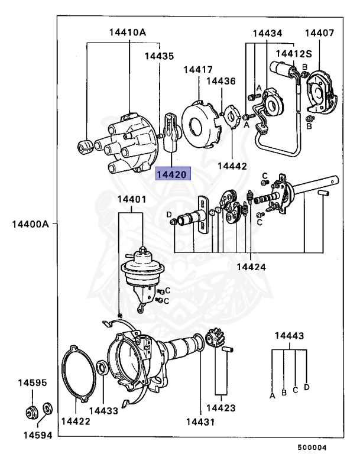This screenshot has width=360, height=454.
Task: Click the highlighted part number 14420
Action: coord(171,174)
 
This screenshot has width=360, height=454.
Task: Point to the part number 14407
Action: coord(319,33)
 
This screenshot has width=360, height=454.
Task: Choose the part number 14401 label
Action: coord(131,199)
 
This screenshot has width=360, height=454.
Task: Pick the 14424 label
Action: coord(251,267)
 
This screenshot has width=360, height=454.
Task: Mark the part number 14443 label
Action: coord(289,336)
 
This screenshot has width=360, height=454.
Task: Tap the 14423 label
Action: coord(221,407)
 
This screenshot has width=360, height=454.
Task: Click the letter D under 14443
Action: coord(307,388)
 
